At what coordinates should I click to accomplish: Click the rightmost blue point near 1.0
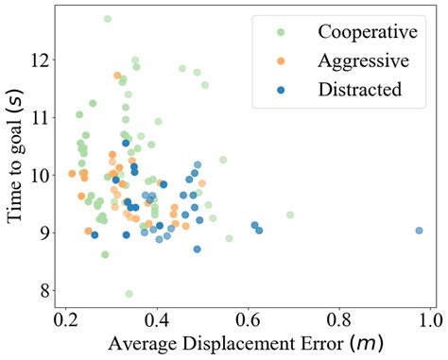(x=419, y=231)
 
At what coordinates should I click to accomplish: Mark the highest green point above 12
(x=107, y=19)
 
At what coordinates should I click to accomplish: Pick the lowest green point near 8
(x=129, y=294)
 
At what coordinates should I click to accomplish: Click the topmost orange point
(x=117, y=76)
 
